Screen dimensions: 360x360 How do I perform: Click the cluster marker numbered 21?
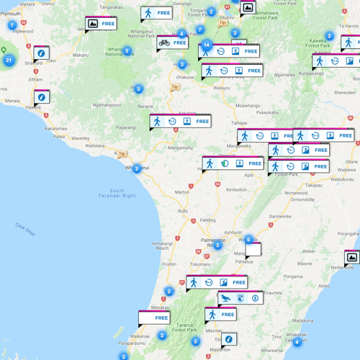point(9,60)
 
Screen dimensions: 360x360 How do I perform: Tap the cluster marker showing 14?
point(207,45)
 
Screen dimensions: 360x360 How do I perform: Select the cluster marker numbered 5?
point(248,240)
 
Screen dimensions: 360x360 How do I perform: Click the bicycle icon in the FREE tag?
point(164,42)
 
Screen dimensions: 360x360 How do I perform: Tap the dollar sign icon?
point(256,298)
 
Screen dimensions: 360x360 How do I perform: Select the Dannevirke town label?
point(281,216)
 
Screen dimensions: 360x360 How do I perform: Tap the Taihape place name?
point(239,123)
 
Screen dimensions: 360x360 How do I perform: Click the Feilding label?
point(207,220)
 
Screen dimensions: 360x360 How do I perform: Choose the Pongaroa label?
point(293,276)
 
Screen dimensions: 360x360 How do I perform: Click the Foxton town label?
point(170,264)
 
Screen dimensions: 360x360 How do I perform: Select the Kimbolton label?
point(235,190)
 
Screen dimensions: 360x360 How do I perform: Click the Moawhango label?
point(248,106)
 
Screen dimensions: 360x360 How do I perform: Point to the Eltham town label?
point(36,79)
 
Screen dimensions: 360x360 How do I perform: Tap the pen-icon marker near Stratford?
point(41,53)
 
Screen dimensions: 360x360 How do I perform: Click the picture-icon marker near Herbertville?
point(352,257)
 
